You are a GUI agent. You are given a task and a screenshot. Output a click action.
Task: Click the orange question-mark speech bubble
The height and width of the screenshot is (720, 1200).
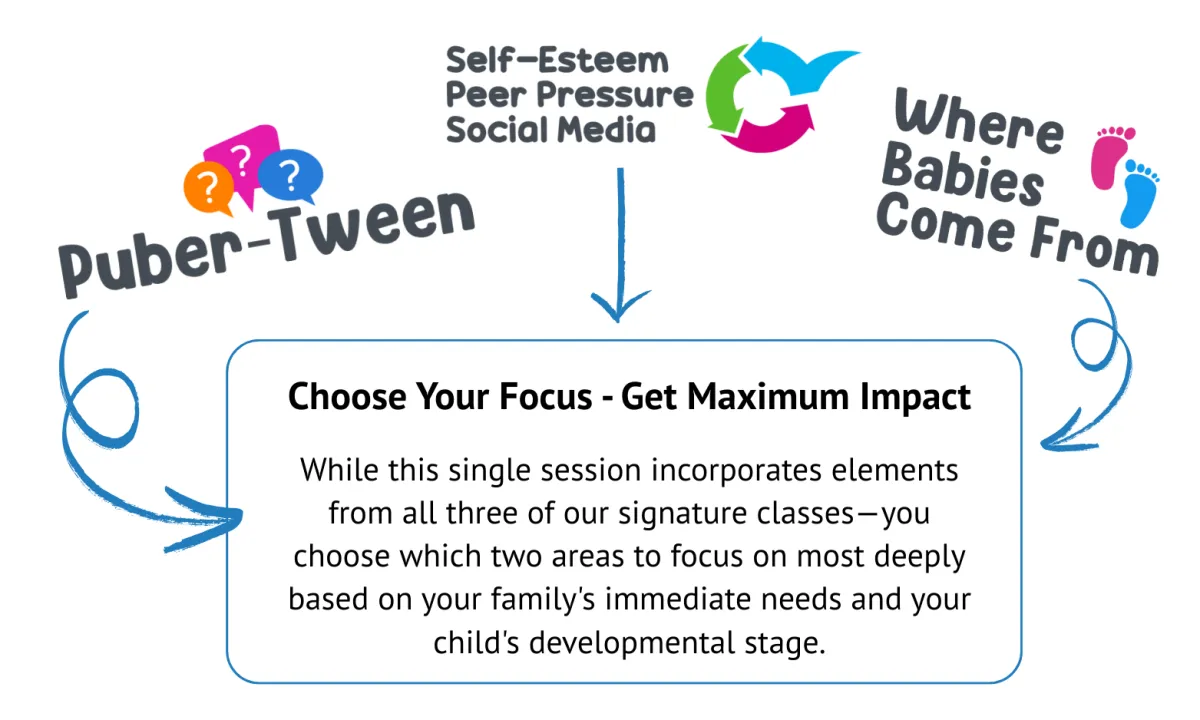pos(208,189)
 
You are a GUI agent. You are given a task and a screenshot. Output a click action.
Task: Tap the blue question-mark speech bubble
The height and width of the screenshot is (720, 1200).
pos(291,176)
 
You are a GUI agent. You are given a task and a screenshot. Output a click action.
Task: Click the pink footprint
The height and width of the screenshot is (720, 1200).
pos(1112,158)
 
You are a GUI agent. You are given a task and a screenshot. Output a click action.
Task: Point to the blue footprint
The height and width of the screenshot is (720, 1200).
pos(1139,194)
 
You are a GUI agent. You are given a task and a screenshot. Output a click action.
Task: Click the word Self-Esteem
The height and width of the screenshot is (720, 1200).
pos(557,60)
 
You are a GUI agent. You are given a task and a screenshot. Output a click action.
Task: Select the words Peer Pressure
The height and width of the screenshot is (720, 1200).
pos(569,95)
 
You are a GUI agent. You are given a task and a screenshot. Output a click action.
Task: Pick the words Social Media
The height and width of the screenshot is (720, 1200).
pos(551,130)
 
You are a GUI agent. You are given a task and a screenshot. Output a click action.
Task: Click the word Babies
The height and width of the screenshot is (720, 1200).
pos(963,175)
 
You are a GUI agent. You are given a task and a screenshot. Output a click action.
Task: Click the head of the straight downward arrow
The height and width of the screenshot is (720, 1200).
pos(619,306)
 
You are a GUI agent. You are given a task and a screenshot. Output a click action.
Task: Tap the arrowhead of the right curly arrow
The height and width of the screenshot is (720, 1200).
pos(1063,435)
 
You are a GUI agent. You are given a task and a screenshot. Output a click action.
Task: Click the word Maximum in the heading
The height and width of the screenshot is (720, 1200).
pos(768,398)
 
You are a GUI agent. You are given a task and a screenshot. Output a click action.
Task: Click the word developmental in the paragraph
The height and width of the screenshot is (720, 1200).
pos(632,643)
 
